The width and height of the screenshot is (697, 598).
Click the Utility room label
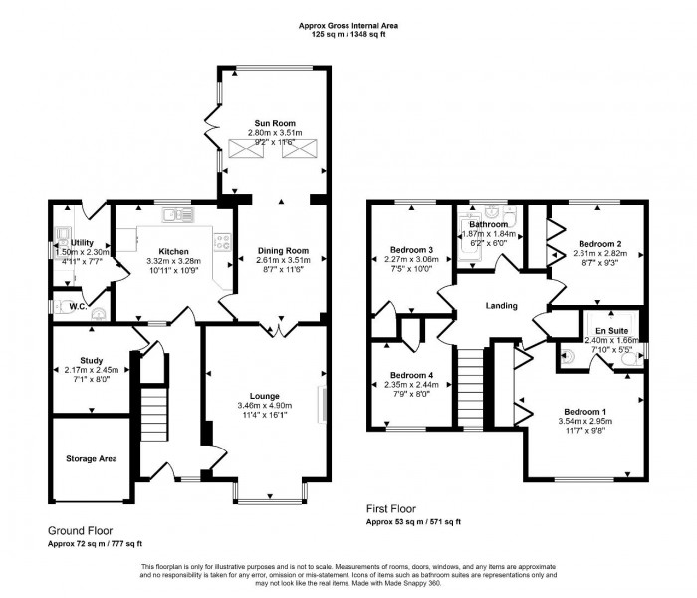click(82, 242)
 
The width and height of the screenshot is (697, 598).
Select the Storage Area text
click(90, 459)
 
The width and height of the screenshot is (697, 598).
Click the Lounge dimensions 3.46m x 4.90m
click(265, 406)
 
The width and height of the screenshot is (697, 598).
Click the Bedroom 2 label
click(599, 243)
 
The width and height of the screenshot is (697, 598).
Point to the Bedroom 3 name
click(410, 249)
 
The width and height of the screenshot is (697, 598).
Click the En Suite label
click(611, 329)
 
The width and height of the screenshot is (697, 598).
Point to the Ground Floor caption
click(80, 530)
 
